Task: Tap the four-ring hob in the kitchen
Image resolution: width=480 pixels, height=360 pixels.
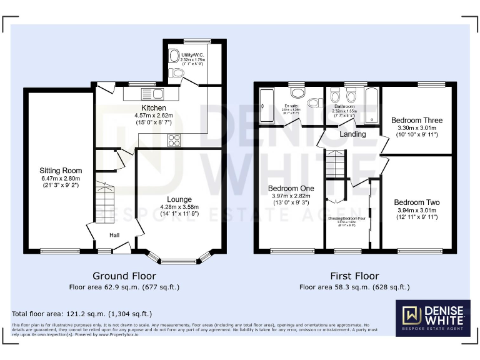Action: click(x=174, y=141)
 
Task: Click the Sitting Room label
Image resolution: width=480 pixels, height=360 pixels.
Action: click(x=61, y=171)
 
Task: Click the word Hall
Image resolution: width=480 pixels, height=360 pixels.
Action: click(x=115, y=235)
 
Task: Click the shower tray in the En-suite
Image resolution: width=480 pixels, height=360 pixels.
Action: click(x=266, y=106)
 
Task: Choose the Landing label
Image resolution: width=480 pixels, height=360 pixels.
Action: click(x=352, y=134)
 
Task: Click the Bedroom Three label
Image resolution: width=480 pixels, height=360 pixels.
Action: click(x=416, y=121)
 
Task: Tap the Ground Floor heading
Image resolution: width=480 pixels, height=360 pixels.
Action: click(x=124, y=276)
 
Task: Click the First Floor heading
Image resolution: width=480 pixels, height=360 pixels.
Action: click(x=354, y=276)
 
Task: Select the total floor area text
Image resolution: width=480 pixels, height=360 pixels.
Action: click(x=82, y=314)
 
